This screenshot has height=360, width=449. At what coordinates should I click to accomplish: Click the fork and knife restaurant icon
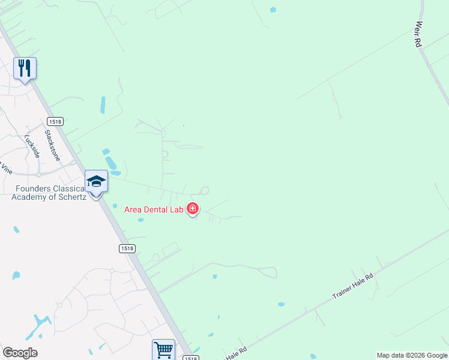[25, 68]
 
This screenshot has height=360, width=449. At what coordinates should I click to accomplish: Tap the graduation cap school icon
[96, 181]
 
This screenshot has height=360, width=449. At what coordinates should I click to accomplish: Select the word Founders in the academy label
[34, 189]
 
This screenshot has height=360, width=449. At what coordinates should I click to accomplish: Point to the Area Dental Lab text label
[153, 209]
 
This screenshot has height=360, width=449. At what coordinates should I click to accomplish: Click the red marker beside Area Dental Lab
[193, 209]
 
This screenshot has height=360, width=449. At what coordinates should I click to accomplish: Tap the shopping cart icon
[163, 349]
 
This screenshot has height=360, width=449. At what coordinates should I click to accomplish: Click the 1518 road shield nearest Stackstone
[53, 121]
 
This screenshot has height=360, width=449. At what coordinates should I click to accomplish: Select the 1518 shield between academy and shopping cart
[126, 248]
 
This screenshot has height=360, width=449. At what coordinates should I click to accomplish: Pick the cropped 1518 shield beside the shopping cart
[190, 358]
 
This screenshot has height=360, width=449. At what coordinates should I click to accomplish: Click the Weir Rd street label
[418, 35]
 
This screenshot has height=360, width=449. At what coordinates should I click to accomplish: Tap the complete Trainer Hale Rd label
[353, 287]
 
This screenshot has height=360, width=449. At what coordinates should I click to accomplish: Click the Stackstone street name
[53, 147]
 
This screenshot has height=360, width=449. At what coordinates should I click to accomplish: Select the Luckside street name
[32, 145]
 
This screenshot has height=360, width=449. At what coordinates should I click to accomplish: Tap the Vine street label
[5, 169]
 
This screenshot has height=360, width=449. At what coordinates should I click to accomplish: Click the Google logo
[20, 353]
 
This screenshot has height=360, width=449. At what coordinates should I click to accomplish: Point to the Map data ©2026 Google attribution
[412, 355]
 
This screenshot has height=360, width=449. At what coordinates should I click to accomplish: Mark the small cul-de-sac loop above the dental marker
[204, 190]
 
